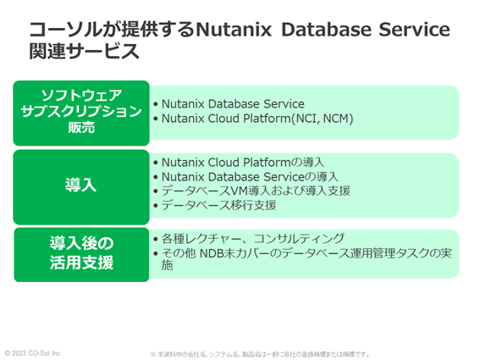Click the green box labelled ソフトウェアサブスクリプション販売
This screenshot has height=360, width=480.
click(81, 111)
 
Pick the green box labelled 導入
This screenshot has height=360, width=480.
click(81, 182)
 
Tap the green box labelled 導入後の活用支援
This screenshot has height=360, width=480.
click(81, 253)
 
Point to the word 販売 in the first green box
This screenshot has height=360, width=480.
click(81, 128)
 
